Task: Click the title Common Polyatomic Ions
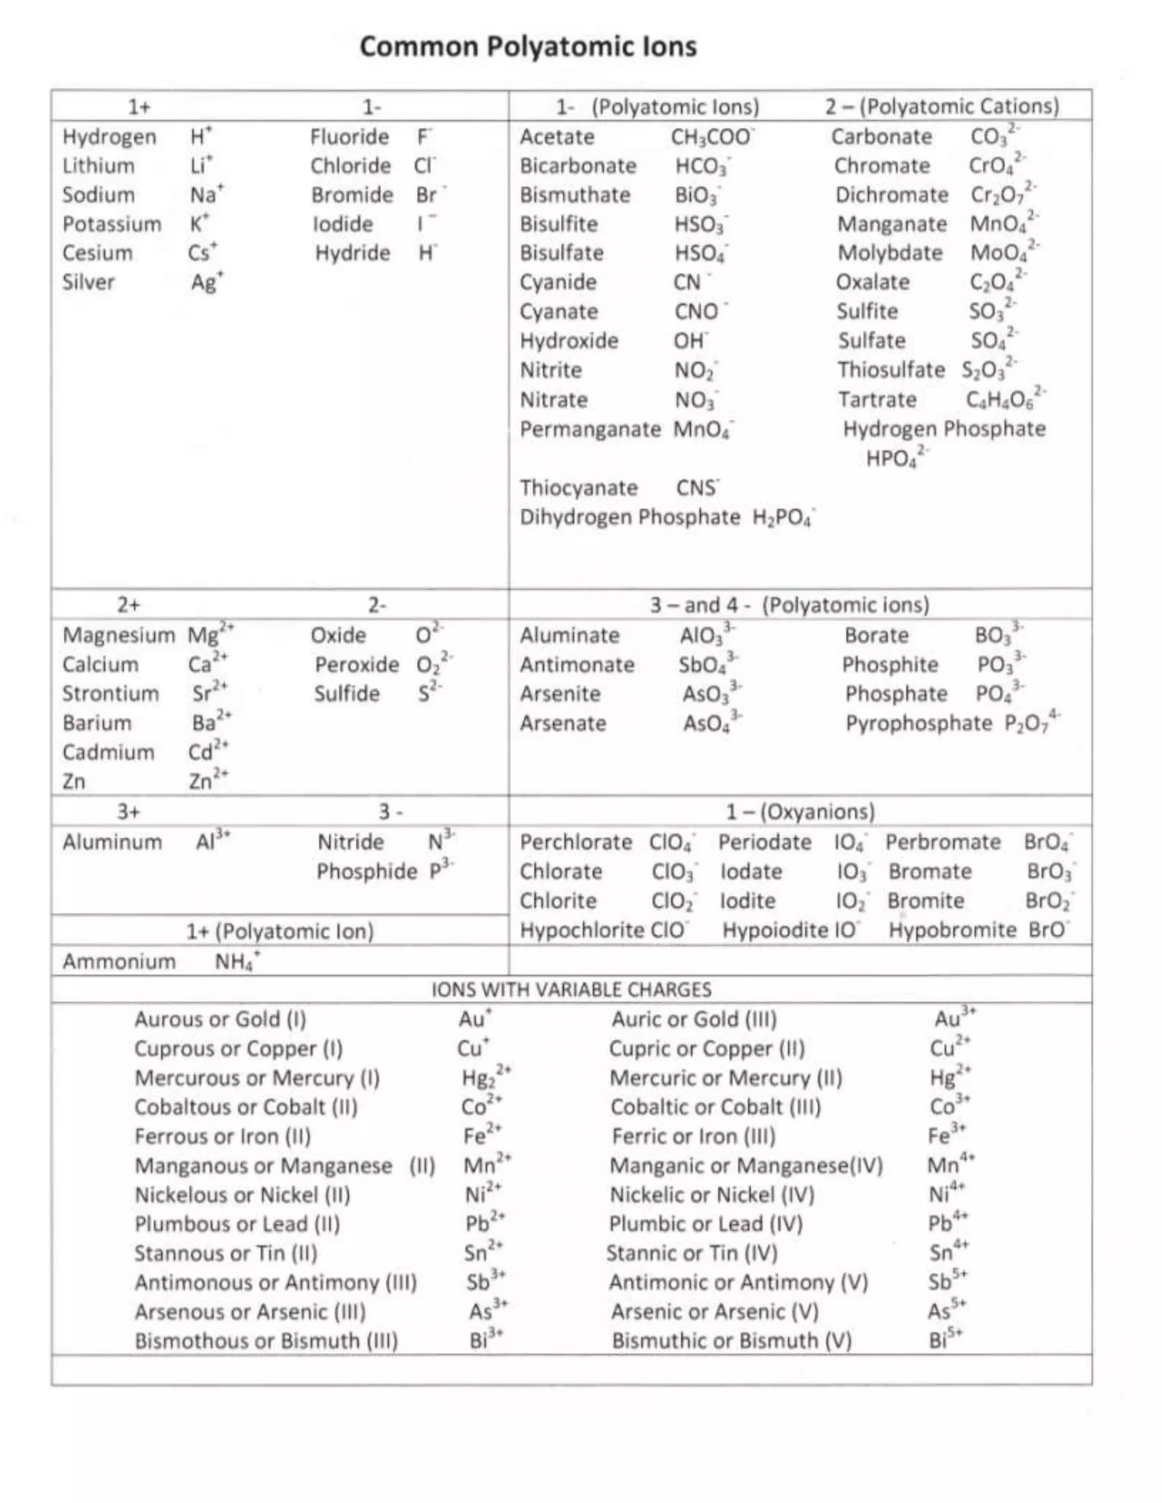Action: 528,47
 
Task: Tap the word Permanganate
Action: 590,429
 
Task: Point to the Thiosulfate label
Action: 891,370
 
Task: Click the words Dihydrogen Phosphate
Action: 630,517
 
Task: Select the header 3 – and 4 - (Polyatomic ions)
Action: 790,605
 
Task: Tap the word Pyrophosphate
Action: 919,723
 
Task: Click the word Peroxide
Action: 356,665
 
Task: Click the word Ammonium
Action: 119,961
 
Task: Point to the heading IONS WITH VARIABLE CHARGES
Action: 571,990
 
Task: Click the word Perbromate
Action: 942,842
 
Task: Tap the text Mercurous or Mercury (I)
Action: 257,1078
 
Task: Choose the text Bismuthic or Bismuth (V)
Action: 732,1341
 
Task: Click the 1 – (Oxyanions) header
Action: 800,812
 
